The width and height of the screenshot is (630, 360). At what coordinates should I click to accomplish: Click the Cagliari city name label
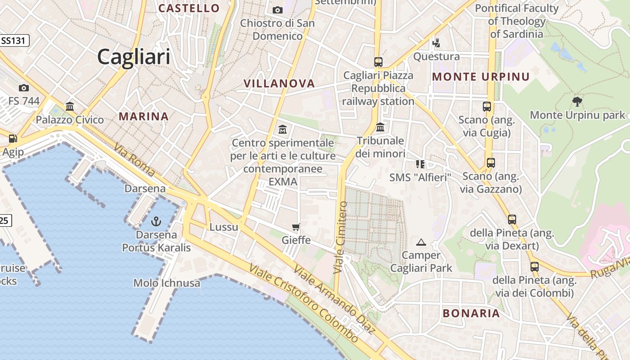134,57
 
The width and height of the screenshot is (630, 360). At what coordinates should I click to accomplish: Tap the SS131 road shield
14,40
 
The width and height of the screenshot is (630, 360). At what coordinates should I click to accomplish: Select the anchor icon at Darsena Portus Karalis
156,221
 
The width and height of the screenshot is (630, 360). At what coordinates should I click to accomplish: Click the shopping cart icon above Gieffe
296,227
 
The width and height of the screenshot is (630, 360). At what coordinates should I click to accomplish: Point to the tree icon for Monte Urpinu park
577,101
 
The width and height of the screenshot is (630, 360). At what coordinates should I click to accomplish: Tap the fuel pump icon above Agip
13,139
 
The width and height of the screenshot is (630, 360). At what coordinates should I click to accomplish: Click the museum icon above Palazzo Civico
70,107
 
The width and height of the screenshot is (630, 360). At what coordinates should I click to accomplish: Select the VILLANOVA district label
279,83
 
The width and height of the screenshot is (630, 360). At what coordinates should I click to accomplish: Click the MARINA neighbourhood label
144,117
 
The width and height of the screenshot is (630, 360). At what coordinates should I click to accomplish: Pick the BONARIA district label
471,314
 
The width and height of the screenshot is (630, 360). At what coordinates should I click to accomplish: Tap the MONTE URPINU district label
481,77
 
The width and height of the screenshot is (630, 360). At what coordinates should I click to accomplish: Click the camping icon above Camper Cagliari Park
421,243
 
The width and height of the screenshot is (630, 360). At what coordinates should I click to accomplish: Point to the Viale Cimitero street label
341,238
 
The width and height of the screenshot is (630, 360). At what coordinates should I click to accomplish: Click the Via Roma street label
134,159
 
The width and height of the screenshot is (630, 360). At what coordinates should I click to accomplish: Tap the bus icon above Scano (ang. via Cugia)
486,107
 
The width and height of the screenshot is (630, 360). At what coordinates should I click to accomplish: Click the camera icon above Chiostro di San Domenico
278,10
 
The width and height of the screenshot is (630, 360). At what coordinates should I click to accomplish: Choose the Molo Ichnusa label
166,283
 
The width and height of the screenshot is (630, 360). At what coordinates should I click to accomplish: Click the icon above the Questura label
436,44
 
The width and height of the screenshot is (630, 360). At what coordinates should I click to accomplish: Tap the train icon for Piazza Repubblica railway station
378,62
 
